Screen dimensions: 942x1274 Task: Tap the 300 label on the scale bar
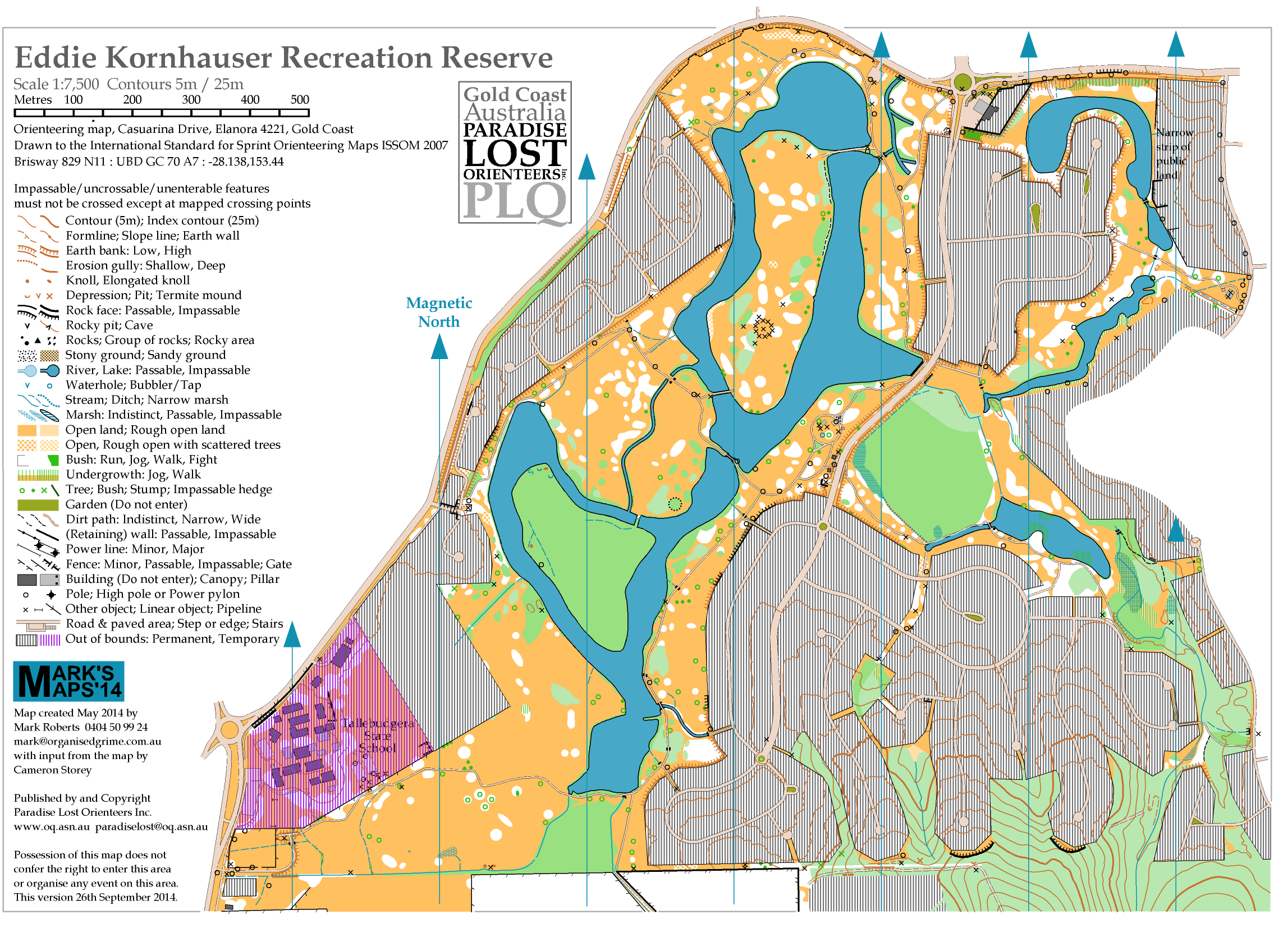(x=190, y=100)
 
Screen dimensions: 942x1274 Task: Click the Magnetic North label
(x=438, y=312)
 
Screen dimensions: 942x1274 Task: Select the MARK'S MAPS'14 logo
(x=68, y=681)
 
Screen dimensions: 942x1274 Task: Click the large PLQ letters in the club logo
(x=515, y=201)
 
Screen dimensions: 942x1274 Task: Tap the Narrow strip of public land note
(x=1174, y=154)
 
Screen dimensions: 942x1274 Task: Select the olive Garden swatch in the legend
(x=38, y=504)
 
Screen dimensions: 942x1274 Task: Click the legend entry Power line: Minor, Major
(x=135, y=549)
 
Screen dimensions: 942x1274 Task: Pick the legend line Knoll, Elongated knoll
(x=128, y=280)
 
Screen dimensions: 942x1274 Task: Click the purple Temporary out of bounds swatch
(x=49, y=640)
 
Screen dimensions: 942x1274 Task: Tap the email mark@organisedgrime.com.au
(x=87, y=741)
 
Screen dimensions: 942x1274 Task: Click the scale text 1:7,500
(x=74, y=84)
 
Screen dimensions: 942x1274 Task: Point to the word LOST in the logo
(x=515, y=153)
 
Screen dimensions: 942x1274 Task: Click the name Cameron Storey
(x=52, y=770)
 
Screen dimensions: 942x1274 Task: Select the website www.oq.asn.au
(x=51, y=826)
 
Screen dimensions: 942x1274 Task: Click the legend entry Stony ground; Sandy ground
(x=145, y=355)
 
